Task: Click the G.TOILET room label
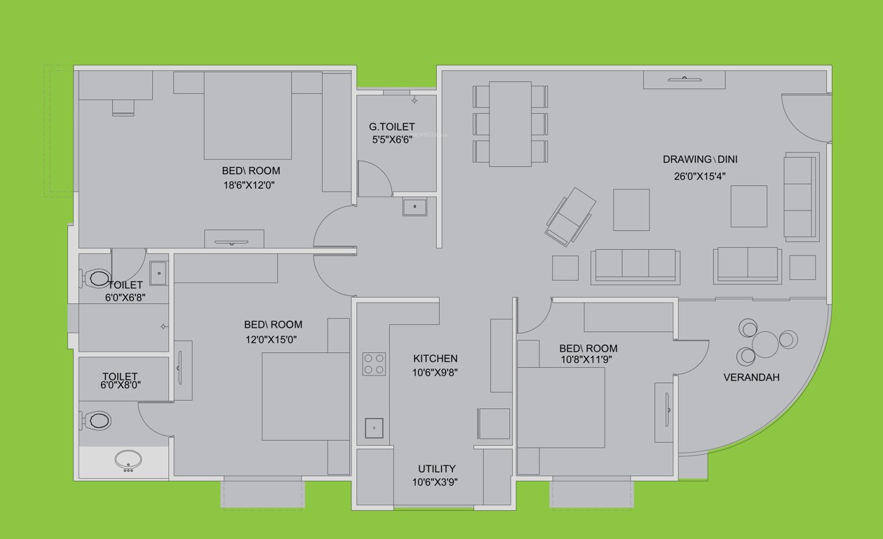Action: [x=391, y=127]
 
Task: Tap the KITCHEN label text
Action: [x=435, y=359]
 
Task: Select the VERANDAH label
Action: [x=751, y=378]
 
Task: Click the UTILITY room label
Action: [x=437, y=469]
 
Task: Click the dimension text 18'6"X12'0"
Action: [x=250, y=186]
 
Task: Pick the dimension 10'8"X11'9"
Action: [x=588, y=360]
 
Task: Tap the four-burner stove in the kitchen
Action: [x=374, y=364]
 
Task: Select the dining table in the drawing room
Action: [x=510, y=124]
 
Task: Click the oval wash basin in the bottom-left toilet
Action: [x=128, y=461]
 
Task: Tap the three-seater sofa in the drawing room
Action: [x=635, y=265]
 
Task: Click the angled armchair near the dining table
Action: [x=571, y=215]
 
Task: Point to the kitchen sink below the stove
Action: [x=374, y=427]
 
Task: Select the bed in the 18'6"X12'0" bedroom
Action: [x=247, y=116]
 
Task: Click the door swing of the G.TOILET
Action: [x=374, y=179]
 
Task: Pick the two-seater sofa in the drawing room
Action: [x=748, y=265]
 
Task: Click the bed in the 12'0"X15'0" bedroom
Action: [x=304, y=397]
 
